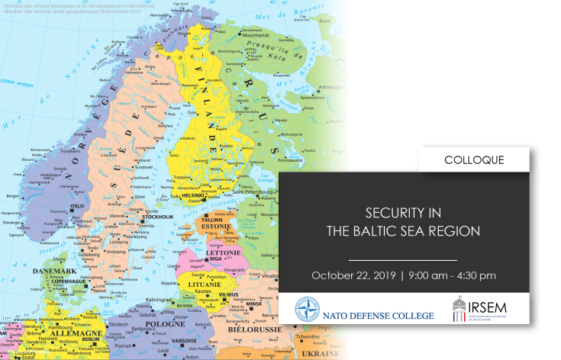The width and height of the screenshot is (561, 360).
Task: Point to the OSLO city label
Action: pos(77,205)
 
